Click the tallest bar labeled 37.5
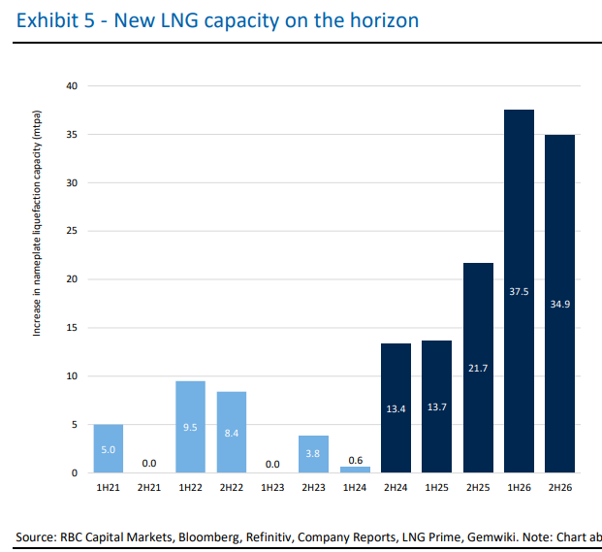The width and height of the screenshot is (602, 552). click(519, 291)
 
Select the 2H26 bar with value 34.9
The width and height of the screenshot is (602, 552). click(559, 304)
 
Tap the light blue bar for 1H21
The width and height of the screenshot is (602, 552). click(109, 448)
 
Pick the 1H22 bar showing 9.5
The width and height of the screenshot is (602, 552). click(190, 427)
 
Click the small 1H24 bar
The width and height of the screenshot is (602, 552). click(355, 470)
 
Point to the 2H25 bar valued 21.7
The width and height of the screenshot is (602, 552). click(478, 368)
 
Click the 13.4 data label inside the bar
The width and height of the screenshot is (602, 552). click(396, 408)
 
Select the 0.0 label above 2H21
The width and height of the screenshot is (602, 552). click(149, 464)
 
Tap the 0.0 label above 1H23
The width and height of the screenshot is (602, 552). click(272, 464)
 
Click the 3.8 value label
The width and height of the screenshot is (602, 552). click(313, 451)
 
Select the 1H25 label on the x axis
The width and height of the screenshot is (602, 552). click(436, 485)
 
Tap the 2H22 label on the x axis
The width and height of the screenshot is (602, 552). click(232, 485)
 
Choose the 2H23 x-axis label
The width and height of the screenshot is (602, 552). click(313, 485)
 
